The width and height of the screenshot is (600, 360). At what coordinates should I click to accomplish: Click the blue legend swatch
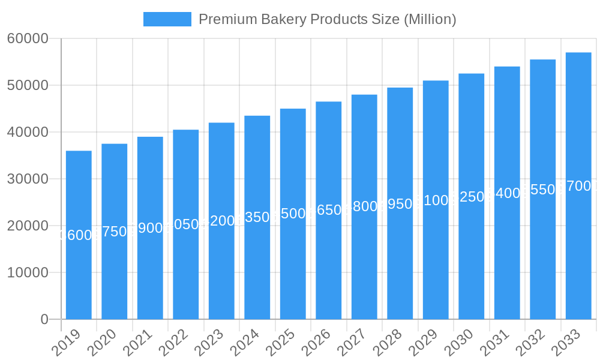click(x=167, y=19)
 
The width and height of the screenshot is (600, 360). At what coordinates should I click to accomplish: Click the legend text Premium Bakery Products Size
click(x=327, y=19)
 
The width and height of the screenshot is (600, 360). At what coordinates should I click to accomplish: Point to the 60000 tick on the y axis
click(x=28, y=38)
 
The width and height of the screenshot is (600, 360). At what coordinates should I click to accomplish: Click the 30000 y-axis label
click(x=28, y=179)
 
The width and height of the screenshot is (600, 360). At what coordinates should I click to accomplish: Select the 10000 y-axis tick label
click(x=28, y=272)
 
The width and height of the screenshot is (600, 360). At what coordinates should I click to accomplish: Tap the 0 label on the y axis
click(x=44, y=319)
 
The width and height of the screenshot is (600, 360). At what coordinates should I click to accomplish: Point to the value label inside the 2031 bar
click(x=507, y=193)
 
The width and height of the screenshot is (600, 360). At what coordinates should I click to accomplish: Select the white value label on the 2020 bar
click(x=115, y=232)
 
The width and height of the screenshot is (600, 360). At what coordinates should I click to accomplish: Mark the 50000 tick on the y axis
click(x=28, y=85)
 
